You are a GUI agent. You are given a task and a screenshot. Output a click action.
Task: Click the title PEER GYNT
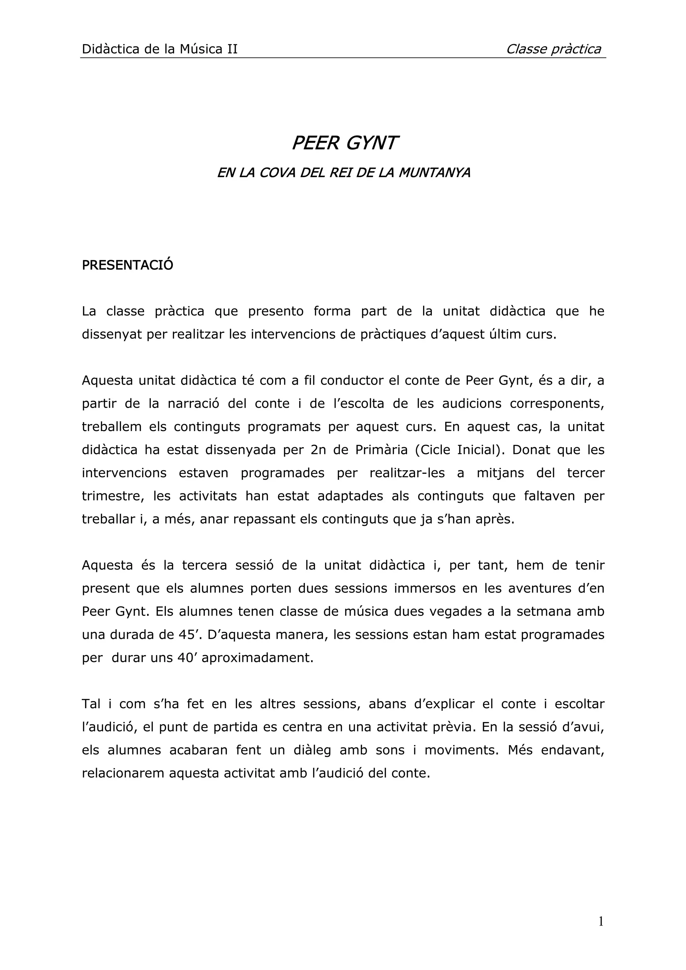(344, 144)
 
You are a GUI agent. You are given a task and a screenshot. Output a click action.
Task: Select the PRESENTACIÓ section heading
(127, 265)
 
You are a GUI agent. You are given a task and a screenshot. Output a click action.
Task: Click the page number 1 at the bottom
(601, 921)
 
